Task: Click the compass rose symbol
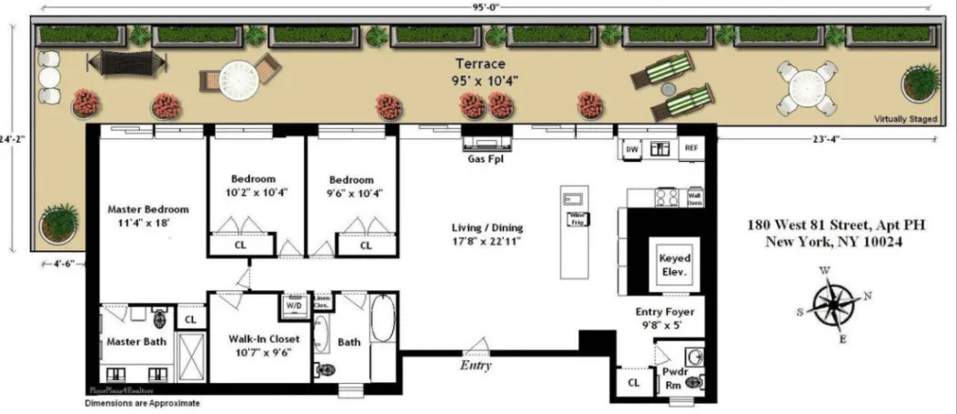tap(832, 304)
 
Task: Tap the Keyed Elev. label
tap(674, 265)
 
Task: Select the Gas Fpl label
tap(487, 157)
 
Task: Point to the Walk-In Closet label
tap(259, 345)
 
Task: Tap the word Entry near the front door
tap(475, 366)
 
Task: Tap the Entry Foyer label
tap(664, 318)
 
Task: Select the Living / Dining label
tap(488, 235)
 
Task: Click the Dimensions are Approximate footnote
tap(142, 402)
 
